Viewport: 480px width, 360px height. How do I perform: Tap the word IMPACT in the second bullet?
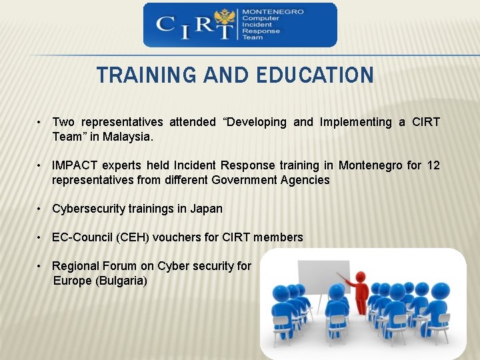tap(74, 165)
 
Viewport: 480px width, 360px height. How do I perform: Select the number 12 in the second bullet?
tap(433, 165)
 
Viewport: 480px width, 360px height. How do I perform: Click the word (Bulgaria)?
tap(121, 281)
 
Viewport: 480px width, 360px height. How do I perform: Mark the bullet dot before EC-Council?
tap(40, 237)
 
